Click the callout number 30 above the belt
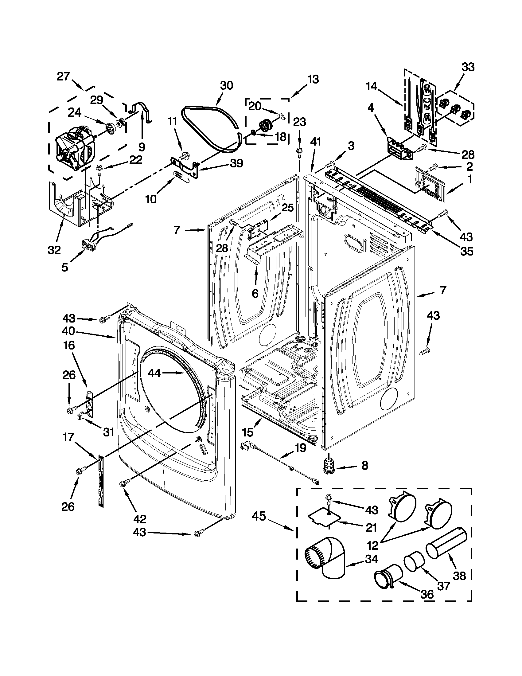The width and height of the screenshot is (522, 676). click(226, 85)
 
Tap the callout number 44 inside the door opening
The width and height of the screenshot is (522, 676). click(154, 373)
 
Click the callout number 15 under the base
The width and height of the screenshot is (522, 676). click(248, 432)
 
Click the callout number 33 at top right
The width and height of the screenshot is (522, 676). click(468, 67)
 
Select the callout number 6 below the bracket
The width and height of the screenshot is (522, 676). click(255, 293)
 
